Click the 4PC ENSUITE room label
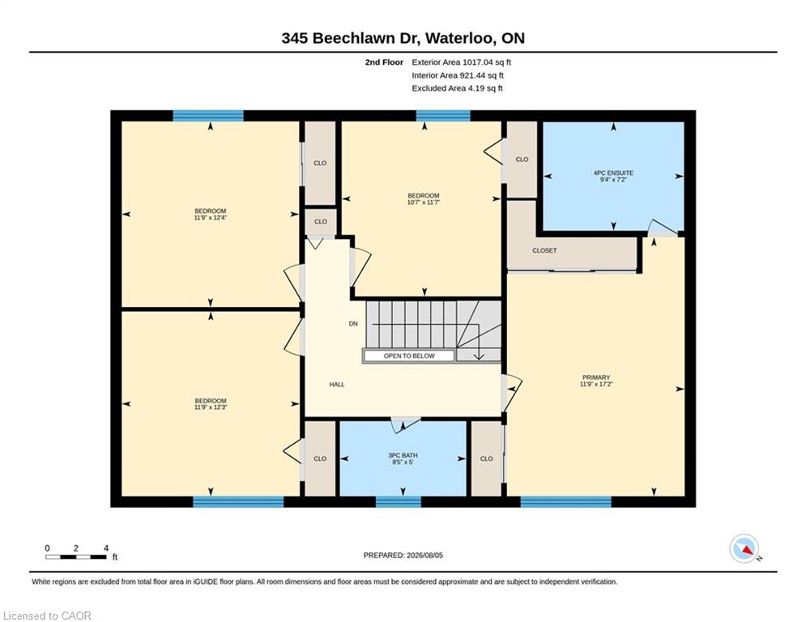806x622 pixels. (x=613, y=173)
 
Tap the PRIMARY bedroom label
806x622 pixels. (x=596, y=377)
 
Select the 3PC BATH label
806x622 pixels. (x=403, y=455)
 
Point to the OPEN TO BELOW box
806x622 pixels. (x=409, y=356)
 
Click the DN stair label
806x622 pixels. (x=353, y=324)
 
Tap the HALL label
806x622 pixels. (x=337, y=385)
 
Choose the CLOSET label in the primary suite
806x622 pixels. (x=544, y=250)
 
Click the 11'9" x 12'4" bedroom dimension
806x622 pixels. (x=211, y=217)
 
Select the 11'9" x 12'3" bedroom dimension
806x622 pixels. (x=211, y=407)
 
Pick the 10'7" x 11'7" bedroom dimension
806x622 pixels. (x=424, y=202)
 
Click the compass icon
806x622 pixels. (x=744, y=549)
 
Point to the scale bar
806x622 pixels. (x=76, y=556)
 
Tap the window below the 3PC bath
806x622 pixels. (x=399, y=501)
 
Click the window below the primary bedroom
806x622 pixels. (x=566, y=501)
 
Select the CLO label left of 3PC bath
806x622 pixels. (x=320, y=458)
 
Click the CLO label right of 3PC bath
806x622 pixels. (x=487, y=458)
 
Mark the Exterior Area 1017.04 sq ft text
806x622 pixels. (x=461, y=62)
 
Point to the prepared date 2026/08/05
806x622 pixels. (x=424, y=555)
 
